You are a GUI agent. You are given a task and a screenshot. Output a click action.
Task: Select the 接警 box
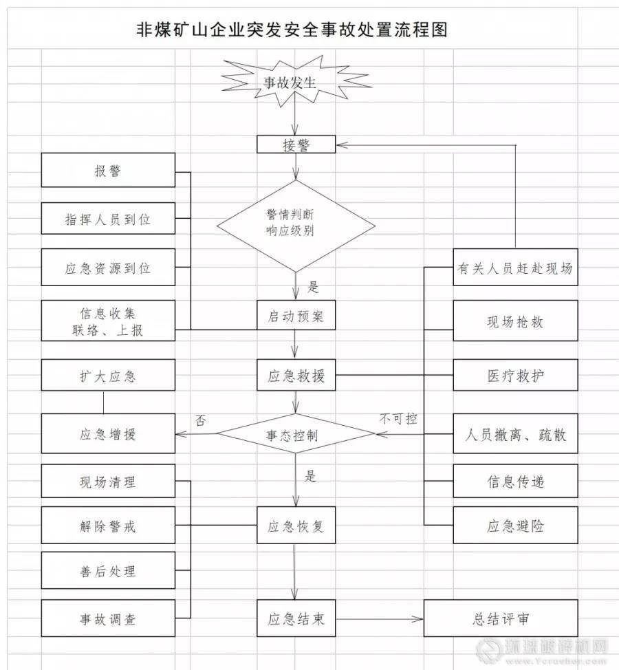[x=296, y=144]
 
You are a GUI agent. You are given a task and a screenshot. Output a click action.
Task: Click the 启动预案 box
[x=296, y=318]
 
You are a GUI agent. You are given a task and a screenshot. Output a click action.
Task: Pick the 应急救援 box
[x=296, y=377]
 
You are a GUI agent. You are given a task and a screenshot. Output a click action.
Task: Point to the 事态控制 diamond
[x=296, y=434]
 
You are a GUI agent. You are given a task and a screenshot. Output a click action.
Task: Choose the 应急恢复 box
[x=296, y=528]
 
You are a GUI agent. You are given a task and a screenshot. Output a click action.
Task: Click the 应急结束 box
[x=296, y=618]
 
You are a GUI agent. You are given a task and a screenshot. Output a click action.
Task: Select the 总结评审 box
[x=501, y=618]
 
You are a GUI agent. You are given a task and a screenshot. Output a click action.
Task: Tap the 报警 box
[x=108, y=170]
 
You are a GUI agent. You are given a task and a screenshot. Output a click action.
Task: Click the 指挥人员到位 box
[x=108, y=219]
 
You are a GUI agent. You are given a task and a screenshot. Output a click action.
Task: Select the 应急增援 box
[x=108, y=434]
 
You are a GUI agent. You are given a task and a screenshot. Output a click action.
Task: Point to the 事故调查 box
[x=108, y=618]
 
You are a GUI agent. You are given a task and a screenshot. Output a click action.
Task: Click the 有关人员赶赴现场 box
[x=515, y=268]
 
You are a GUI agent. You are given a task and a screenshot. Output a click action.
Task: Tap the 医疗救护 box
[x=515, y=377]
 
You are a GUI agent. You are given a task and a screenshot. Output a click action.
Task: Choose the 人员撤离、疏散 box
[x=515, y=434]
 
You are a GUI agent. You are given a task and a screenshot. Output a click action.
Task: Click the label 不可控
[x=398, y=418]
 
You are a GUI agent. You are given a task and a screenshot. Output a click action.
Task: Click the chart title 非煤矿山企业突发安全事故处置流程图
[x=292, y=30]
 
